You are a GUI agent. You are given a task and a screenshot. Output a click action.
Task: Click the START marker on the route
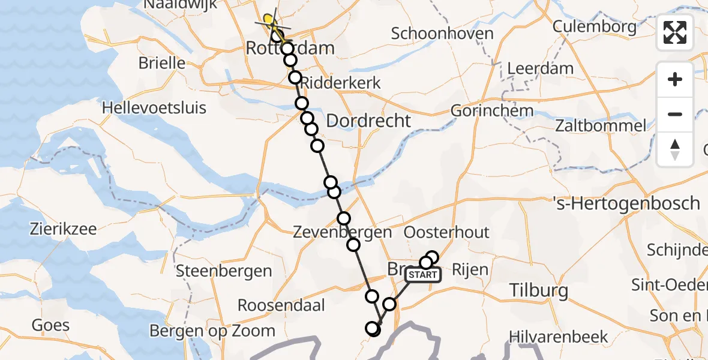(x=423, y=275)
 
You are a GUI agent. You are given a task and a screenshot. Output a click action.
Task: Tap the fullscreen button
(x=675, y=33)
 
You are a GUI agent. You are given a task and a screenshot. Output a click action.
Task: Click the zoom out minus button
(x=675, y=114)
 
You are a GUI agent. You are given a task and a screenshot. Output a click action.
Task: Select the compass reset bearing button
(x=675, y=149)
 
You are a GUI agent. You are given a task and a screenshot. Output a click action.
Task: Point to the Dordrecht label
(x=368, y=121)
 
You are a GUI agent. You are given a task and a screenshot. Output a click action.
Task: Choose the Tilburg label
(x=538, y=291)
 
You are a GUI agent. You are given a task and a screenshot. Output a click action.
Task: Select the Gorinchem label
(x=491, y=110)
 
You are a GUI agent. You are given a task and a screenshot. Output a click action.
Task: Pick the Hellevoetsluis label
(x=154, y=108)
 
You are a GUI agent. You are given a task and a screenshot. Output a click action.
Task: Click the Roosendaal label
(x=281, y=305)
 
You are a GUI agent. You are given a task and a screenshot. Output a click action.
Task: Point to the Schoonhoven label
(x=442, y=34)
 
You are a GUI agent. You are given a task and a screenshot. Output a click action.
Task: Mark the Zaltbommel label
(x=601, y=126)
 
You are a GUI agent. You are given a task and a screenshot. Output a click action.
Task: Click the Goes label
(x=51, y=326)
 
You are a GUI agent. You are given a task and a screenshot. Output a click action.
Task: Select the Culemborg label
(x=594, y=26)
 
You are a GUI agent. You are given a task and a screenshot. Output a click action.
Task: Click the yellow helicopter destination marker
(x=268, y=20)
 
